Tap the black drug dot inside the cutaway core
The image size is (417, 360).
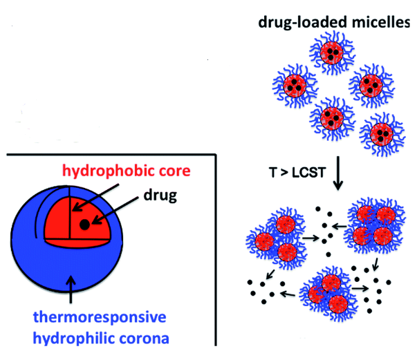[84, 224]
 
